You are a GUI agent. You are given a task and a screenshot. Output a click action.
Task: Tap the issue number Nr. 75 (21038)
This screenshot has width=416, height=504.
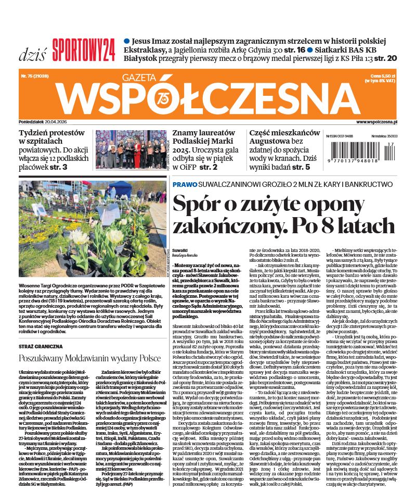click(35, 76)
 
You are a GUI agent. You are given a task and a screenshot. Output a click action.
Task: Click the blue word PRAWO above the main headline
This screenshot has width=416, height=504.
click(185, 184)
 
